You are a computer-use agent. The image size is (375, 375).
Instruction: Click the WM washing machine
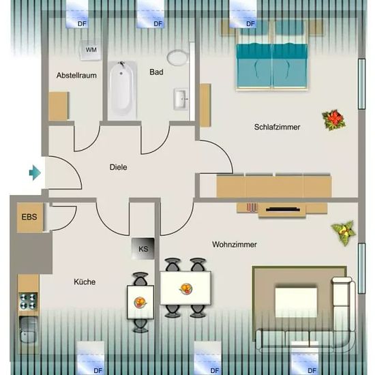[x=90, y=50]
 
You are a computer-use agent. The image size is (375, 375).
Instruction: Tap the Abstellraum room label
[x=76, y=75]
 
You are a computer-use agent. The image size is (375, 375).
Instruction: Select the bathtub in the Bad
[x=122, y=91]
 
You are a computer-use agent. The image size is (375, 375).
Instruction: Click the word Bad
[x=156, y=72]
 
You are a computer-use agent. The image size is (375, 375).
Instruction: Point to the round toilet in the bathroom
[x=177, y=57]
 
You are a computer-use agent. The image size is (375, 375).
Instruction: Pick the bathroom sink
[x=181, y=99]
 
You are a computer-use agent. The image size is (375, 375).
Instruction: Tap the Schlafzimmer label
[x=277, y=127]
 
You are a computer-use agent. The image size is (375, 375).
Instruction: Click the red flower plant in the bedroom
[x=333, y=120]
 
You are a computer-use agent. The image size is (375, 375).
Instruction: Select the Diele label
[x=118, y=167]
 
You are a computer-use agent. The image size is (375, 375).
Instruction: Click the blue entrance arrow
[x=35, y=172]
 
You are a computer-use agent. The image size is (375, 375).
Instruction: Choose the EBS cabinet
[x=30, y=217]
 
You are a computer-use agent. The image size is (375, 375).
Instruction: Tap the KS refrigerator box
[x=142, y=249]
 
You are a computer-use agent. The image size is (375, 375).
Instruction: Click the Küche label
[x=85, y=282]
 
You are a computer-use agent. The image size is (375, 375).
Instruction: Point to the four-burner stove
[x=28, y=301]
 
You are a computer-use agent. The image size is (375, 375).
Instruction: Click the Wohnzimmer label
[x=235, y=244]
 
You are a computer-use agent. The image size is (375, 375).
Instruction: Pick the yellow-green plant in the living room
[x=344, y=233]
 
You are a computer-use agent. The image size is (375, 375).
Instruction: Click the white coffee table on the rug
[x=296, y=302]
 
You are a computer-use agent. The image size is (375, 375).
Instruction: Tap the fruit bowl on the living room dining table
[x=186, y=288]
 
